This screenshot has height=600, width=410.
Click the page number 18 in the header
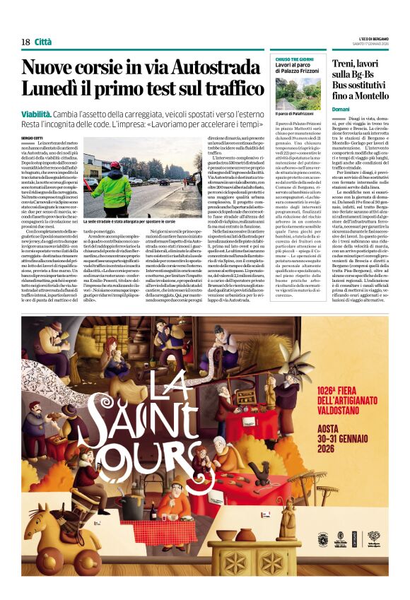pos(25,42)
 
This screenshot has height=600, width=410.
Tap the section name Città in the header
pos(43,42)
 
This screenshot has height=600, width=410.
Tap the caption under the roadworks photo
pos(139,221)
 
